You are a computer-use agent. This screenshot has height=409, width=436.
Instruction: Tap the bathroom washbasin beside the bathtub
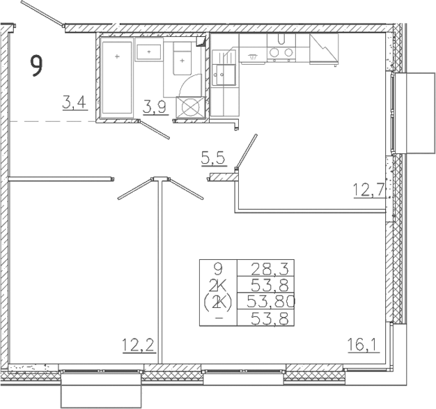point(149,51)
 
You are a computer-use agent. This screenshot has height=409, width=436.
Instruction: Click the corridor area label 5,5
point(213,159)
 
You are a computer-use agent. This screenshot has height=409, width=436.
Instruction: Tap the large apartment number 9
point(36,65)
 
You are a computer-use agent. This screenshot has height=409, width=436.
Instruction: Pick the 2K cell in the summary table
point(219,285)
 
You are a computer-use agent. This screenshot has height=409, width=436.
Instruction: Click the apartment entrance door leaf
point(41,15)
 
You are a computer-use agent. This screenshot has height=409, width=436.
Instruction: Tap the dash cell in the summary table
point(219,319)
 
